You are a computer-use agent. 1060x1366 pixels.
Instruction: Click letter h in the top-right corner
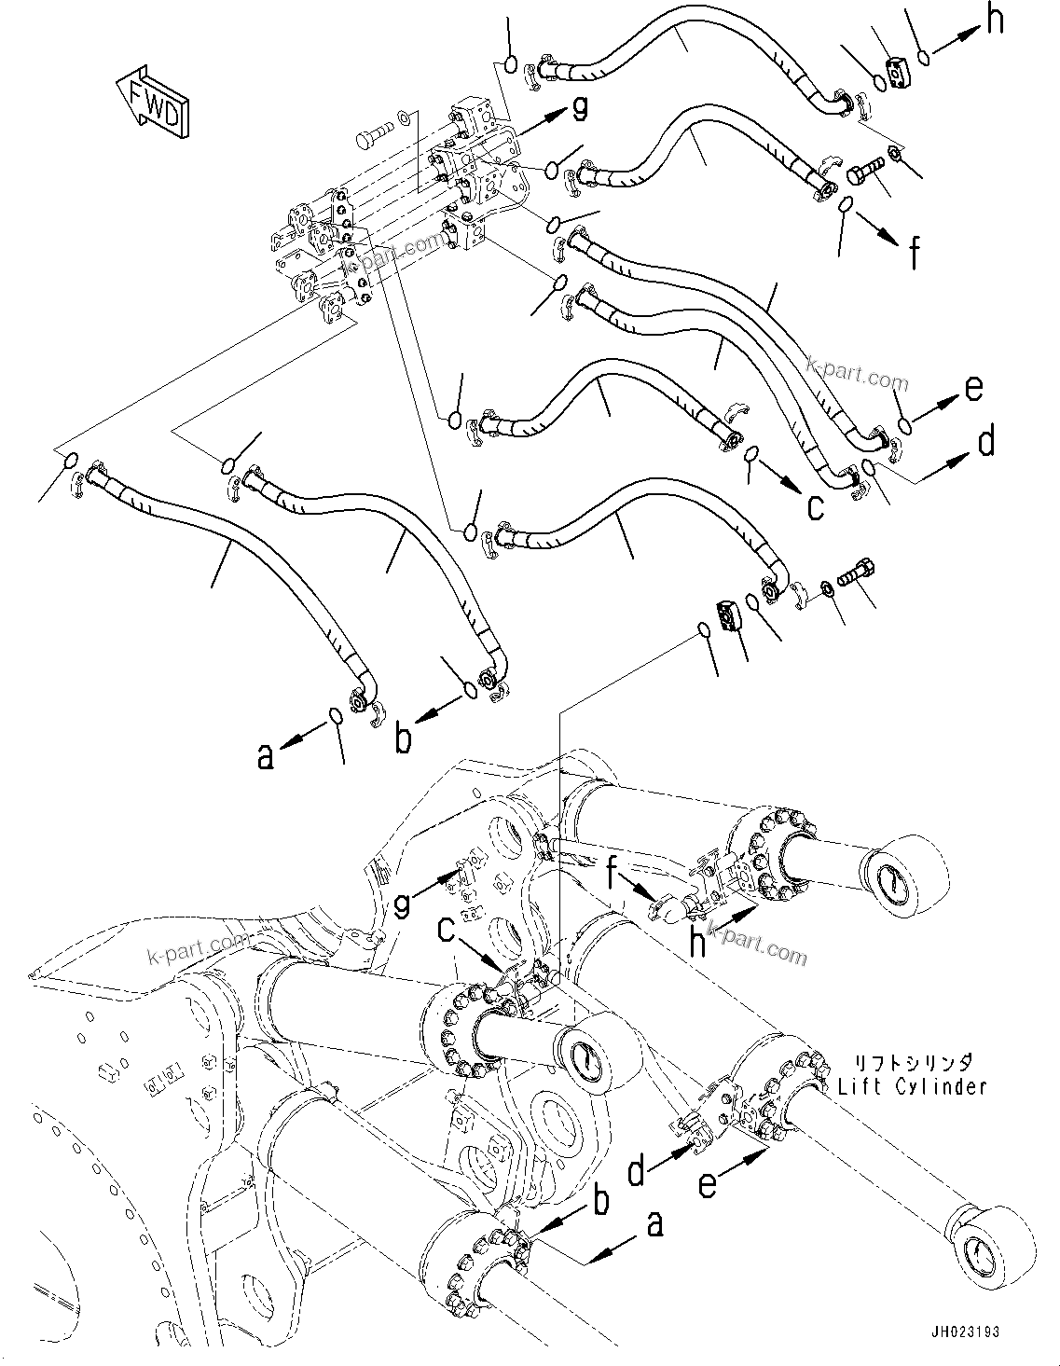[995, 21]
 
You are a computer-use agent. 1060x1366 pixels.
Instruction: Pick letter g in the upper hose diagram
[579, 110]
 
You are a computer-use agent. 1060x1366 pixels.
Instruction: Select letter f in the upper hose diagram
[915, 252]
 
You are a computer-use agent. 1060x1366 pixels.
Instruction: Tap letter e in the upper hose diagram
[972, 388]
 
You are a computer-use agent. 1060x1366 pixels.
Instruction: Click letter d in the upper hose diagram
[985, 441]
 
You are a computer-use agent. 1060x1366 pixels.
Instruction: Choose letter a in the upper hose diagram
[266, 756]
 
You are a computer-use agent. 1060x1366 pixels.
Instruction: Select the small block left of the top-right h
[898, 68]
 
